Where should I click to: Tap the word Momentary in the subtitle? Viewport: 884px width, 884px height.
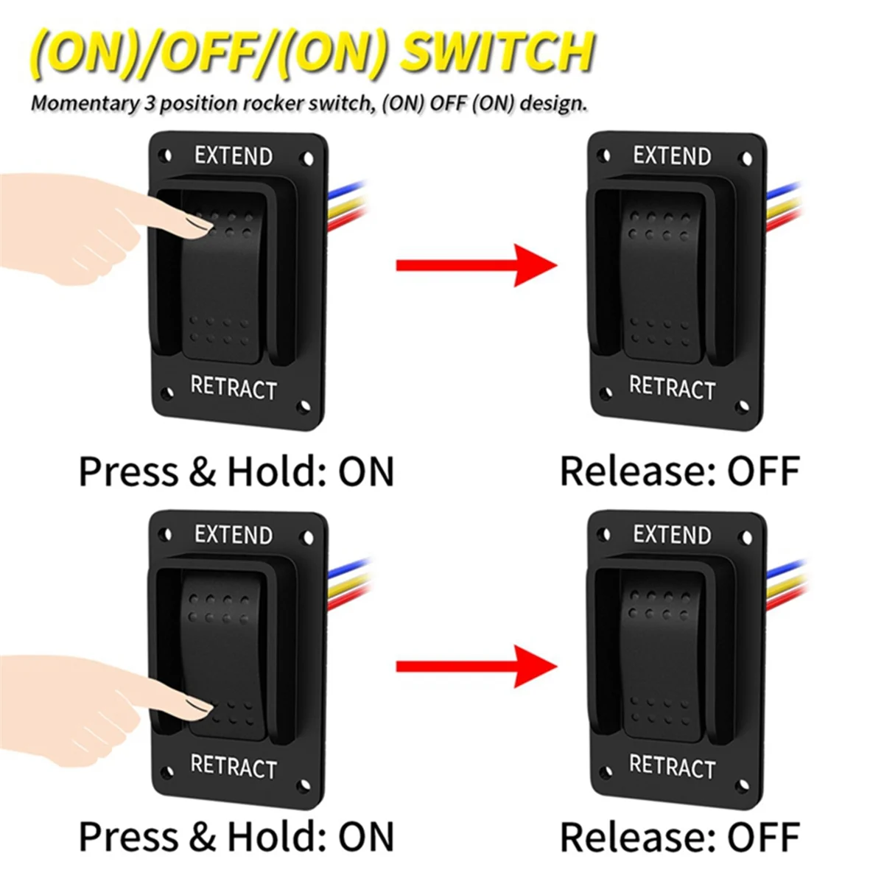(83, 103)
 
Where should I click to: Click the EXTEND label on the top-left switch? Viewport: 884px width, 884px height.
(234, 155)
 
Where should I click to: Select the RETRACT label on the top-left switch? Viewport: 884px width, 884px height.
(234, 387)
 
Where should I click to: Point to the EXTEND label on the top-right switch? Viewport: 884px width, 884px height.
(672, 155)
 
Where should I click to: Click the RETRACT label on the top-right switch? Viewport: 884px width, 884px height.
(672, 387)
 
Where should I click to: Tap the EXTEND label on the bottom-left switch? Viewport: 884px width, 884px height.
(234, 534)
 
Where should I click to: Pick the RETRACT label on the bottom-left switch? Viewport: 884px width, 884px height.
(234, 766)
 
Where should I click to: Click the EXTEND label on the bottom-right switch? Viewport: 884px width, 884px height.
(672, 534)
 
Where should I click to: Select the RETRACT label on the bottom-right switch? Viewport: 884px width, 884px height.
(672, 766)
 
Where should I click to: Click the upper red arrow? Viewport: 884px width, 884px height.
(475, 264)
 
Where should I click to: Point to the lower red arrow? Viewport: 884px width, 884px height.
(475, 666)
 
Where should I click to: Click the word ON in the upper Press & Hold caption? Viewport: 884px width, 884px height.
(366, 471)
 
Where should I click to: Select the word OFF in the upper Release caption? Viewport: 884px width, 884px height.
(763, 471)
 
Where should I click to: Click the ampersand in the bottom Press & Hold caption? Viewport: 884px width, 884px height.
(202, 837)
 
